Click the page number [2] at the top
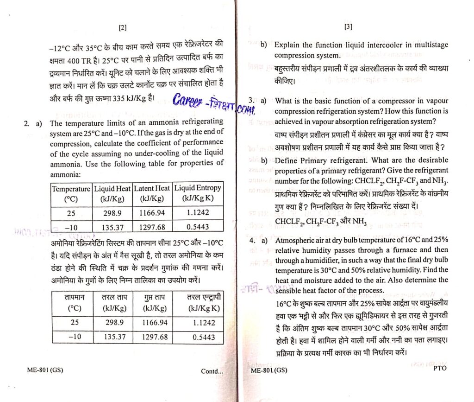[x=122, y=27]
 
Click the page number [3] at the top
[x=349, y=27]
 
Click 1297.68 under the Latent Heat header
[x=152, y=227]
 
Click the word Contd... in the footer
[x=212, y=371]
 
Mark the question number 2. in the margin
[x=27, y=123]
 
